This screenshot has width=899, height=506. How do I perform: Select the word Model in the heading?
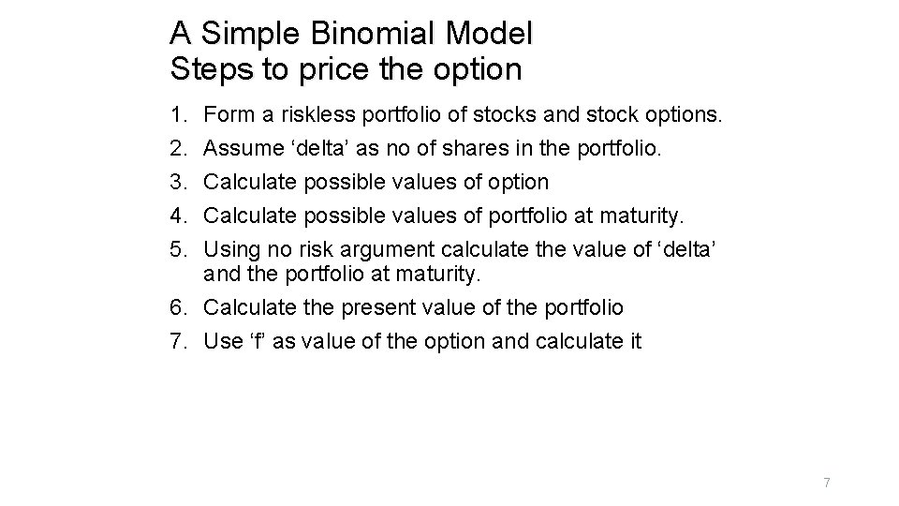(x=490, y=35)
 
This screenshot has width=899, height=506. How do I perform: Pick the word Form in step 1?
(x=226, y=116)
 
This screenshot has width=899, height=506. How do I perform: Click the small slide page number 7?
(x=827, y=483)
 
